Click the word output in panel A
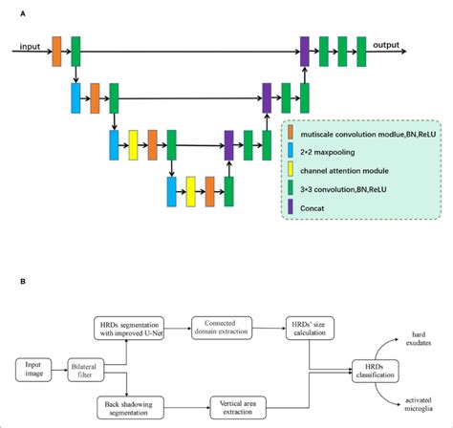(386, 44)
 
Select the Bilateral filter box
(89, 368)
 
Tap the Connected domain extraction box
(221, 327)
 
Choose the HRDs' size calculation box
(306, 327)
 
